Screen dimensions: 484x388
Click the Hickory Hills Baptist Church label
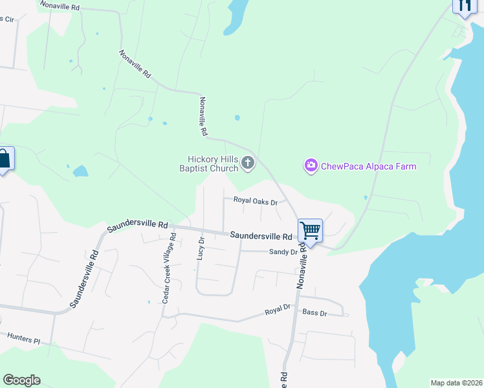click(213, 164)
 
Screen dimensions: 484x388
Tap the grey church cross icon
click(248, 164)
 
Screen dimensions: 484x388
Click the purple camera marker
click(311, 166)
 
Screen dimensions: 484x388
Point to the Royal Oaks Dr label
click(255, 202)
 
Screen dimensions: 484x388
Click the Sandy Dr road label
click(283, 252)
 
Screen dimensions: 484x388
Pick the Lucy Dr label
click(201, 248)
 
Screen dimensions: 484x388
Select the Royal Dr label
click(276, 312)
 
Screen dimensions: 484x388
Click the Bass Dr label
click(315, 313)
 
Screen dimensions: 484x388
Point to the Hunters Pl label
click(24, 338)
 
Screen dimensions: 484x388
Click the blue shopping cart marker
click(310, 231)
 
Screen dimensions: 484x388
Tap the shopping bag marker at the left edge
click(4, 159)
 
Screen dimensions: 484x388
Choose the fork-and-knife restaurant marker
click(464, 6)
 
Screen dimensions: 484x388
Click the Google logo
click(21, 380)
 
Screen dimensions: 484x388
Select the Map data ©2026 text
click(456, 383)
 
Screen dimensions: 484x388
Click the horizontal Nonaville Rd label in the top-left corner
click(59, 6)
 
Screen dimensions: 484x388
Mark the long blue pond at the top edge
click(234, 16)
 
